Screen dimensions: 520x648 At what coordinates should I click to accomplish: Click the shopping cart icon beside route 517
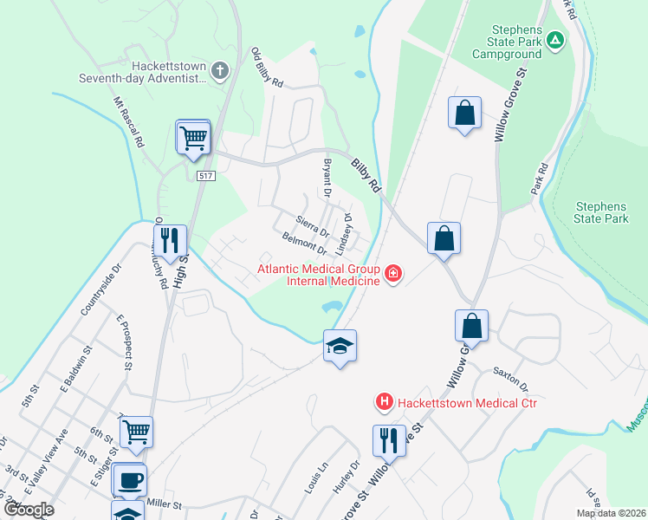(193, 137)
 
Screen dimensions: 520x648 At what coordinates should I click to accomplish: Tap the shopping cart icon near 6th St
(136, 431)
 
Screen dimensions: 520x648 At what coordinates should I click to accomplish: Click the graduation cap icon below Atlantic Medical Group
(340, 346)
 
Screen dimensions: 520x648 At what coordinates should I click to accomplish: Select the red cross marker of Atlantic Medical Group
(393, 275)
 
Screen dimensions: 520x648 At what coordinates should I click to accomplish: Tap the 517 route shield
(205, 176)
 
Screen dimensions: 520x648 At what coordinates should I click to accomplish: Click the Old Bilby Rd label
(267, 68)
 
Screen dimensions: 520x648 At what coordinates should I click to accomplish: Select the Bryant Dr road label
(327, 176)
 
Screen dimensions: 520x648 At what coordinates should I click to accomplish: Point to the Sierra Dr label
(313, 227)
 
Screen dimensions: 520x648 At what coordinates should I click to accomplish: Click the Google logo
(29, 510)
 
